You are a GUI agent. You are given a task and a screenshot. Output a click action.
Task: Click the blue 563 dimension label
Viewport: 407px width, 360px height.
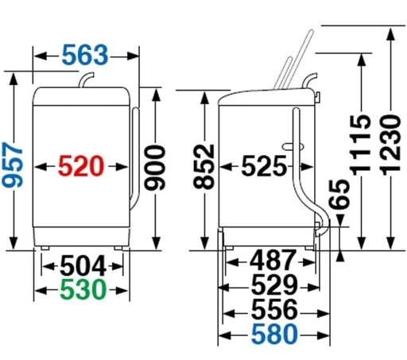85,55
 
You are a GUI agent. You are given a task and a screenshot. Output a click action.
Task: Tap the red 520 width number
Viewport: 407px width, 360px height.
80,166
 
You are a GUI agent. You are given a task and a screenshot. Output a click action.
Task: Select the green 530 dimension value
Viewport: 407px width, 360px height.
83,289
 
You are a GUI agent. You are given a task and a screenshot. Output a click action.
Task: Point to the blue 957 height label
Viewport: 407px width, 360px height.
13,165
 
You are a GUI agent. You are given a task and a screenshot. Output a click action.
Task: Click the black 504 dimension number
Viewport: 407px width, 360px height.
83,266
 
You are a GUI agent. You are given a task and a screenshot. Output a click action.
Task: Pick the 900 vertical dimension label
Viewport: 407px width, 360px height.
155,168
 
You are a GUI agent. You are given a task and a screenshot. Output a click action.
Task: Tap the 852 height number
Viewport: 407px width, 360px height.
203,166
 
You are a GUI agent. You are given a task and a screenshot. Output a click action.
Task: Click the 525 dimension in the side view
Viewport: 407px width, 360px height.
264,166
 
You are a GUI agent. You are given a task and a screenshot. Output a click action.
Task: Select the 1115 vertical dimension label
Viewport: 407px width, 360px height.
361,145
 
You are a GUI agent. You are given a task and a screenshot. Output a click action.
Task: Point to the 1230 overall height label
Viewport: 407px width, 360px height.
390,145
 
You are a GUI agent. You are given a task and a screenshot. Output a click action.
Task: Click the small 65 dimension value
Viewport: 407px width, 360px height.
339,195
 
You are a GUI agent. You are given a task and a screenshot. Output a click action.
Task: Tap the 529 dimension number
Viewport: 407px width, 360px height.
274,285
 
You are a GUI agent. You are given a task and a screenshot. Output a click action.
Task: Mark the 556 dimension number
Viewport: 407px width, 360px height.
274,309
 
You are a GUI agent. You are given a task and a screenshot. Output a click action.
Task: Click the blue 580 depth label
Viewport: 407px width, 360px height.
274,334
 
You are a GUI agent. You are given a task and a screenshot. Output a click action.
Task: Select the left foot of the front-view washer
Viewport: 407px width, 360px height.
45,248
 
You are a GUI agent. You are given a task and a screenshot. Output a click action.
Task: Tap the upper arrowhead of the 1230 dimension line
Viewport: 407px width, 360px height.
390,34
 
